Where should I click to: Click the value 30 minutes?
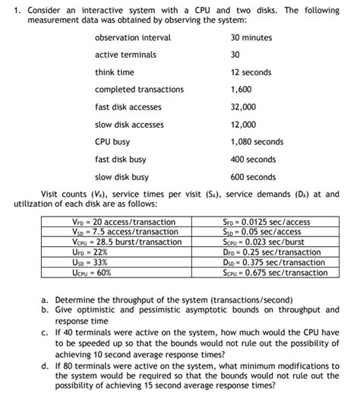[x=251, y=37]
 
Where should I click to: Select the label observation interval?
[x=132, y=37]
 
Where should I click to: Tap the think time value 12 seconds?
[x=251, y=72]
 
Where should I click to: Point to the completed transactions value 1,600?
[x=242, y=90]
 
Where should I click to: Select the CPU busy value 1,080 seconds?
[x=257, y=142]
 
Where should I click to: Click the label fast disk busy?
[x=120, y=160]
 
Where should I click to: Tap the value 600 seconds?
[x=253, y=177]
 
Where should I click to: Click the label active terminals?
[x=125, y=55]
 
